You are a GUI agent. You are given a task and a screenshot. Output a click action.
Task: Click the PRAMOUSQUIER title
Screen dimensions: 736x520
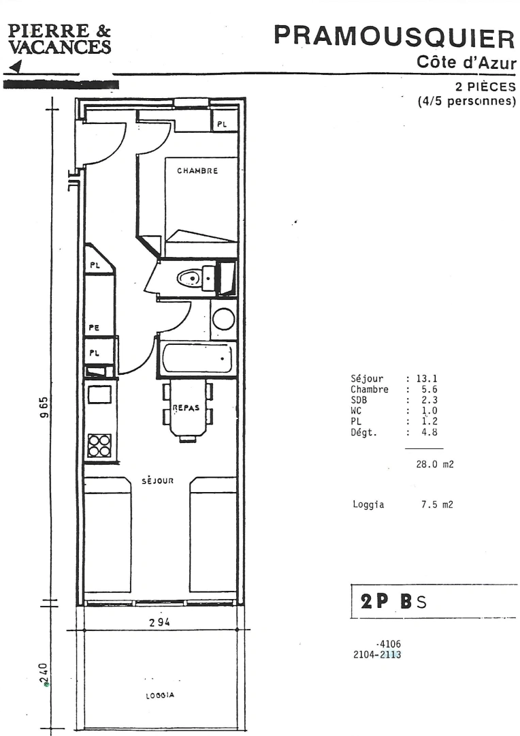pyautogui.click(x=394, y=38)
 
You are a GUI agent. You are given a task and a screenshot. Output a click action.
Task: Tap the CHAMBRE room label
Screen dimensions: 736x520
pyautogui.click(x=197, y=171)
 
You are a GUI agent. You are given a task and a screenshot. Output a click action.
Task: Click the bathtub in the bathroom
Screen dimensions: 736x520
pyautogui.click(x=197, y=358)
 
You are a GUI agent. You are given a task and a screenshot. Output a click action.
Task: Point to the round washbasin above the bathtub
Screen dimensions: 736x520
pyautogui.click(x=223, y=319)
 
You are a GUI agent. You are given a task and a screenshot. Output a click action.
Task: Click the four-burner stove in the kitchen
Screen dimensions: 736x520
pyautogui.click(x=99, y=444)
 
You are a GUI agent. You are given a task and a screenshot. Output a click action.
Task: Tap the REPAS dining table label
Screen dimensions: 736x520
pyautogui.click(x=186, y=408)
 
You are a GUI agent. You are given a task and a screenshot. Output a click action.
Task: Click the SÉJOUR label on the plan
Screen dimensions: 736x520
pyautogui.click(x=160, y=480)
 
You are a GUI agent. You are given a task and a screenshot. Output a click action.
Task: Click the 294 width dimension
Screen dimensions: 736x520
pyautogui.click(x=159, y=622)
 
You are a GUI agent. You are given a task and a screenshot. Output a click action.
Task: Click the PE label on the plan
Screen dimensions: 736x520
pyautogui.click(x=95, y=328)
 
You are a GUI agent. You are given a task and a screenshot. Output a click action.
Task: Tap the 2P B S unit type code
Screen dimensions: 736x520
pyautogui.click(x=394, y=601)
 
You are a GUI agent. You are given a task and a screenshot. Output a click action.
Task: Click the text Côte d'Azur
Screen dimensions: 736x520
pyautogui.click(x=466, y=63)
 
